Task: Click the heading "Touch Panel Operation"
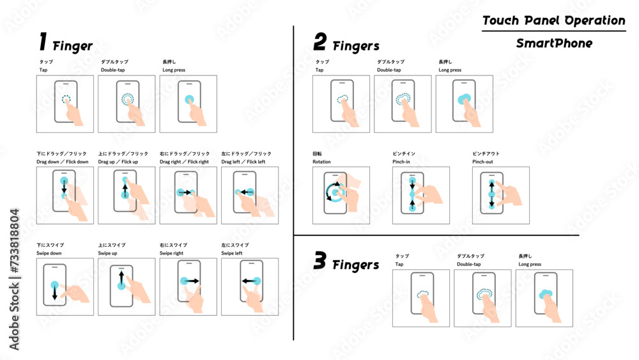(x=553, y=20)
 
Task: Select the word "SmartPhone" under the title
(x=554, y=43)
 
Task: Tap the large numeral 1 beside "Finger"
(x=43, y=42)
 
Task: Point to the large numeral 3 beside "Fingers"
(x=320, y=260)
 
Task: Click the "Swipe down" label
(x=49, y=253)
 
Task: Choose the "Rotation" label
(x=321, y=162)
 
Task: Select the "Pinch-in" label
(x=401, y=162)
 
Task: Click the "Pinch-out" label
(x=482, y=162)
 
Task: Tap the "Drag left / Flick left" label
(x=243, y=162)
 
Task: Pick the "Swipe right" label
(x=171, y=253)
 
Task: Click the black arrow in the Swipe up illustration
(x=121, y=278)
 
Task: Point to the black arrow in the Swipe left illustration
(x=249, y=281)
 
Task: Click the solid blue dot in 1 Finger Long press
(x=189, y=99)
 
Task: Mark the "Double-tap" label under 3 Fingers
(x=468, y=264)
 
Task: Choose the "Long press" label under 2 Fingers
(x=450, y=70)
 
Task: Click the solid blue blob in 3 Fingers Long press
(x=545, y=293)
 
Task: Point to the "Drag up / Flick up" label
(x=118, y=162)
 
